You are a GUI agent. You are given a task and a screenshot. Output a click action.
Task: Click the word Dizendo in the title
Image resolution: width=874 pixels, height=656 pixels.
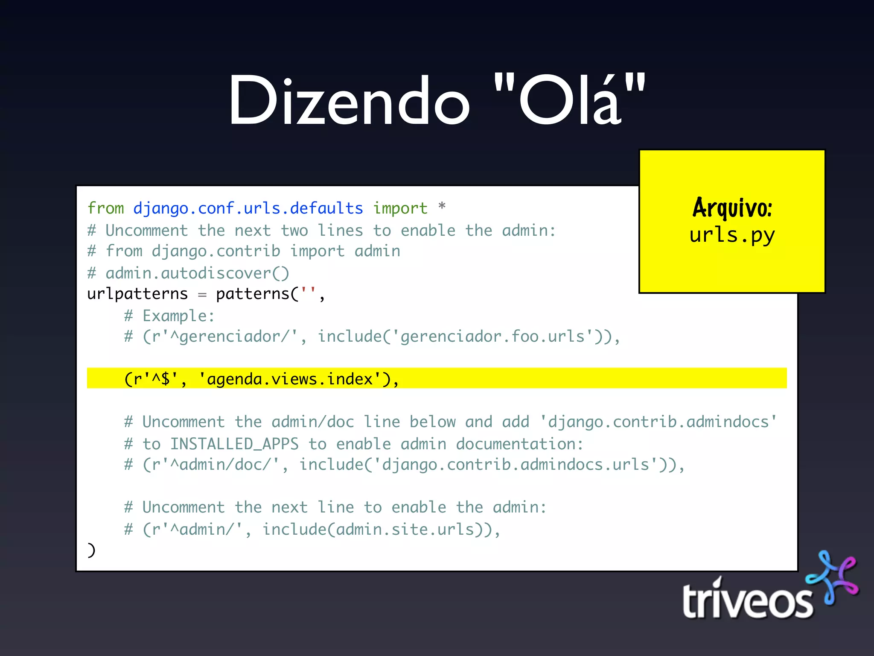349,101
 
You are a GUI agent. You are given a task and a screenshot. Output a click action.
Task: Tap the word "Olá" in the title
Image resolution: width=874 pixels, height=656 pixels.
569,101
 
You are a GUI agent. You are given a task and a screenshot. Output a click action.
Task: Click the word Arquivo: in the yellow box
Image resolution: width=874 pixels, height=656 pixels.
732,208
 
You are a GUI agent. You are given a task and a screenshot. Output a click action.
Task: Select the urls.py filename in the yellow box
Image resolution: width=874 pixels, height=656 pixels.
732,235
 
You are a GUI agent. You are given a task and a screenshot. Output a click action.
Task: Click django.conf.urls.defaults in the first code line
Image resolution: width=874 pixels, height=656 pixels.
248,208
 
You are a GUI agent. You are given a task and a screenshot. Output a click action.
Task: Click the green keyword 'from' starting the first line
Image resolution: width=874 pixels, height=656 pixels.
105,208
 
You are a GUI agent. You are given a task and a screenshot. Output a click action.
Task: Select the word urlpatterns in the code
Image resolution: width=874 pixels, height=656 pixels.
137,294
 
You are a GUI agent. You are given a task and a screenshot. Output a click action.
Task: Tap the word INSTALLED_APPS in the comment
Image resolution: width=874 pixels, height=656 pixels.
234,444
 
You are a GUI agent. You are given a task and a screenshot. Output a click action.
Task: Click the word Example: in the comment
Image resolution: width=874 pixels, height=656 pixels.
178,316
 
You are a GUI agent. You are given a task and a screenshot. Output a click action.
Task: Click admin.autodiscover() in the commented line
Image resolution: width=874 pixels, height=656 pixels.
197,273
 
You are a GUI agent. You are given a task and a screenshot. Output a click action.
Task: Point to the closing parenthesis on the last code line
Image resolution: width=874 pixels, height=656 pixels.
91,550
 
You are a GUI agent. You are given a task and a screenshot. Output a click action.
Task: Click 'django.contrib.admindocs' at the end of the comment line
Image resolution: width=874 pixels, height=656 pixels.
658,422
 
